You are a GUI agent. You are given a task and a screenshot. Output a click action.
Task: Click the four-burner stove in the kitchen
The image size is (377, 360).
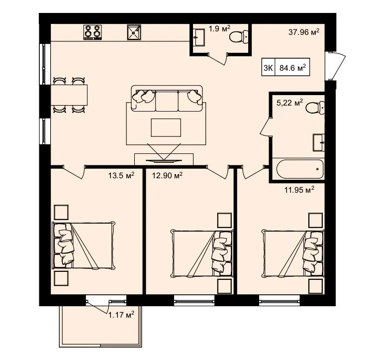click(x=93, y=32)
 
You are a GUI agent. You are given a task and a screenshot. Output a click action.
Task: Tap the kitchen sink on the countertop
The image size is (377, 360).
click(x=134, y=32)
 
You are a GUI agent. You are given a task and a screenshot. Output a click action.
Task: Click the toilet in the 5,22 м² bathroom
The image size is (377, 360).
click(x=315, y=108)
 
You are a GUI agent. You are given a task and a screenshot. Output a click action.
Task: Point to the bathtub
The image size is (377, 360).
click(x=300, y=169)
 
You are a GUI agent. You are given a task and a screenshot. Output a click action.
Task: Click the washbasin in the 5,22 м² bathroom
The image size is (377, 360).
click(x=319, y=142)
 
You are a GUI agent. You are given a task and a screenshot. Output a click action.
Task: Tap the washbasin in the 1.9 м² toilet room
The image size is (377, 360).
click(x=199, y=37)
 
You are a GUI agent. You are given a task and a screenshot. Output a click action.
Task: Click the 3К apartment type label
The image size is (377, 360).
click(x=268, y=68)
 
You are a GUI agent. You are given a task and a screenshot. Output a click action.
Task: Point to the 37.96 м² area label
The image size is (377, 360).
click(x=304, y=32)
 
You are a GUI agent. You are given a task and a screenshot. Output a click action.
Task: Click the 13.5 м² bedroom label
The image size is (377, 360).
click(x=121, y=175)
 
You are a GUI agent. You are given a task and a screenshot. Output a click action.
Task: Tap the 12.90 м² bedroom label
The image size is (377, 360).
click(x=167, y=175)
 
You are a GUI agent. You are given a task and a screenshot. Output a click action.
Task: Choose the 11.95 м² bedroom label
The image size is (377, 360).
click(x=299, y=190)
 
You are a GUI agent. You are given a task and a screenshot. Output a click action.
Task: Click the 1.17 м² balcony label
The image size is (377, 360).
click(x=121, y=315)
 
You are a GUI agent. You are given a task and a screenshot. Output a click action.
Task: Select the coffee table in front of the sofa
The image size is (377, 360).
click(x=166, y=127)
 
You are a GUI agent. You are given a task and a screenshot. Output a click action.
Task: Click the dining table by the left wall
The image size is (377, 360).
click(x=69, y=95)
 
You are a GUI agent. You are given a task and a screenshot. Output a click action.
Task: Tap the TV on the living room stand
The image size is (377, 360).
click(x=164, y=161)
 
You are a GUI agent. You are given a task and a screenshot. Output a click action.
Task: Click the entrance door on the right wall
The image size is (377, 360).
click(x=335, y=66)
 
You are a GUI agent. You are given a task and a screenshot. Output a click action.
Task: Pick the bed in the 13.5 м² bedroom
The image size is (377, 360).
click(x=84, y=245)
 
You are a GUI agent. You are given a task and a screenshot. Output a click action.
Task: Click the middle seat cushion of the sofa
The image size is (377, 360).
click(x=167, y=101)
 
